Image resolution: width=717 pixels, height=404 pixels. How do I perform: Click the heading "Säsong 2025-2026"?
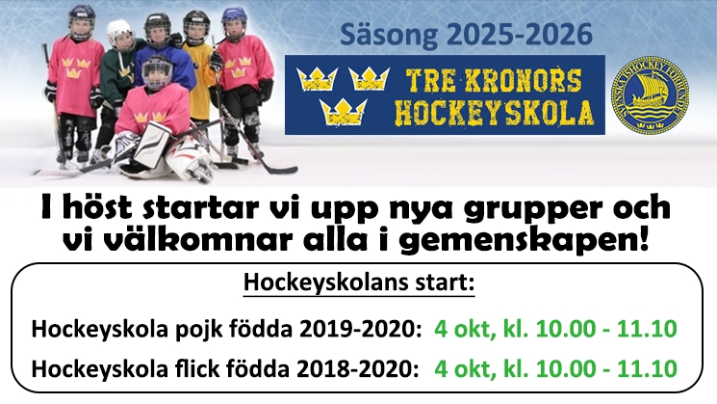pos(467,35)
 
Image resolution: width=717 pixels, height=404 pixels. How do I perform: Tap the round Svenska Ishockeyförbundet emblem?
pos(651,95)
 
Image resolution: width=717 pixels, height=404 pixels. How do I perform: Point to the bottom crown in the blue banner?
pos(344,112)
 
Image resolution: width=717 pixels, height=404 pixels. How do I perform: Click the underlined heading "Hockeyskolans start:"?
pos(359,283)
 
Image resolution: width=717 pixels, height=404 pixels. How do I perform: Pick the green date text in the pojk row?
pos(555,329)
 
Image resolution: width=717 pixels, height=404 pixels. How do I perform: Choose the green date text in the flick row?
pos(555,368)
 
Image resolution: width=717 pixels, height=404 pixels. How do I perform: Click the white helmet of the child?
pos(119,32)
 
